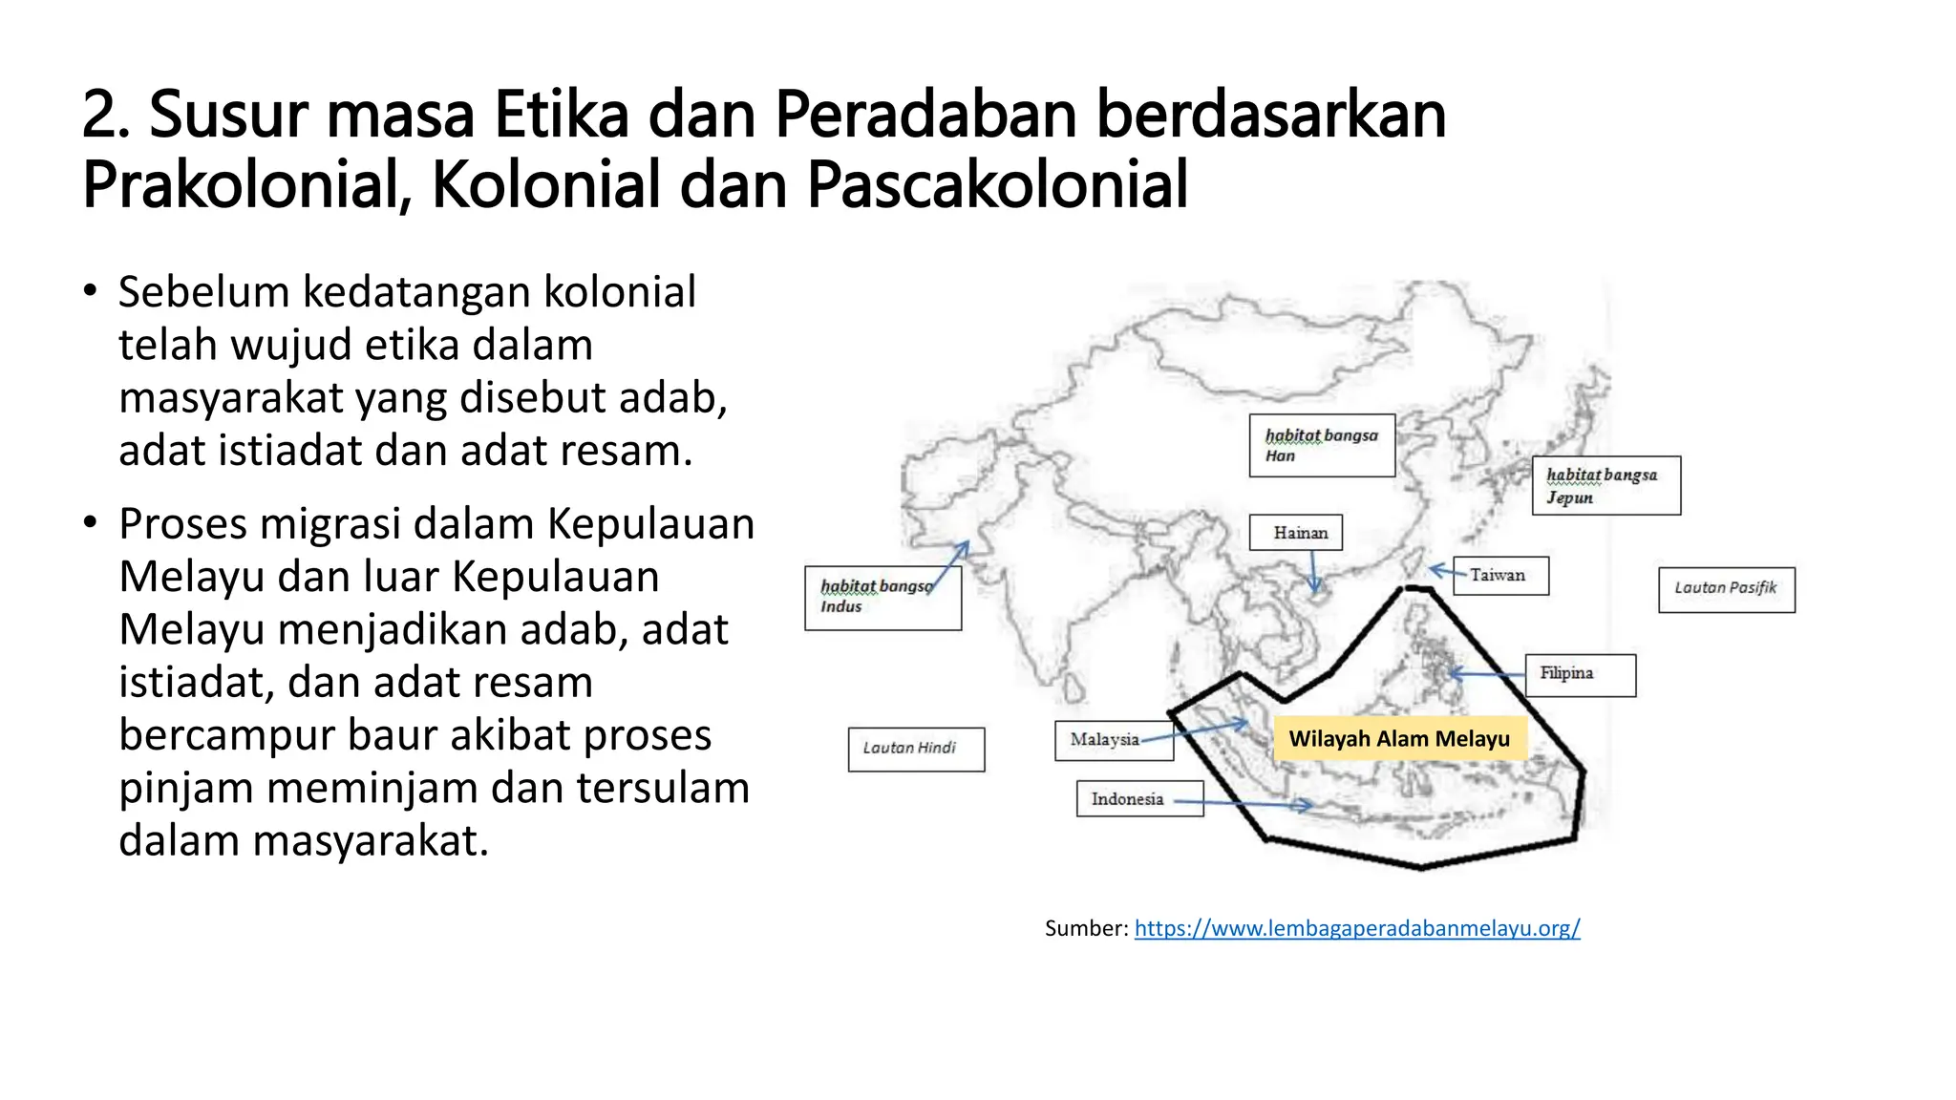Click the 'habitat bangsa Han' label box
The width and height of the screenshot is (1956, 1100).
[1322, 445]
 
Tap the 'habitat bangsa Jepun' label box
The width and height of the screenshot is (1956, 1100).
[1605, 485]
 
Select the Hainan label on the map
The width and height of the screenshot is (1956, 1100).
[1296, 532]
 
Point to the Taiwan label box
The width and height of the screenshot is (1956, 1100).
[1500, 575]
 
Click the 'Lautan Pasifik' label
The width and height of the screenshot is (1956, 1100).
[1726, 589]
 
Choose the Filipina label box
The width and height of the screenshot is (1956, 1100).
[1580, 674]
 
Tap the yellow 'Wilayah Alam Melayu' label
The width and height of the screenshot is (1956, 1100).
[1399, 739]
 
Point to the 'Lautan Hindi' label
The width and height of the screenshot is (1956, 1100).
[916, 749]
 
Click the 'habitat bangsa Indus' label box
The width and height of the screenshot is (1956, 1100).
[882, 598]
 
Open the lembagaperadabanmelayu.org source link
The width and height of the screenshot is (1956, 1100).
[1356, 928]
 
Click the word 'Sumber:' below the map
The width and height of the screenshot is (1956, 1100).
[1086, 928]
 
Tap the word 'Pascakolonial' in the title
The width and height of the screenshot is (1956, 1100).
[997, 184]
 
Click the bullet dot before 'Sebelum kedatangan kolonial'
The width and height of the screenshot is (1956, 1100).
[90, 290]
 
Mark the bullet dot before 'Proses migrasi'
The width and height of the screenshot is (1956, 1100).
[90, 522]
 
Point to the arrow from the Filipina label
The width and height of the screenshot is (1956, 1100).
[1487, 674]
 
